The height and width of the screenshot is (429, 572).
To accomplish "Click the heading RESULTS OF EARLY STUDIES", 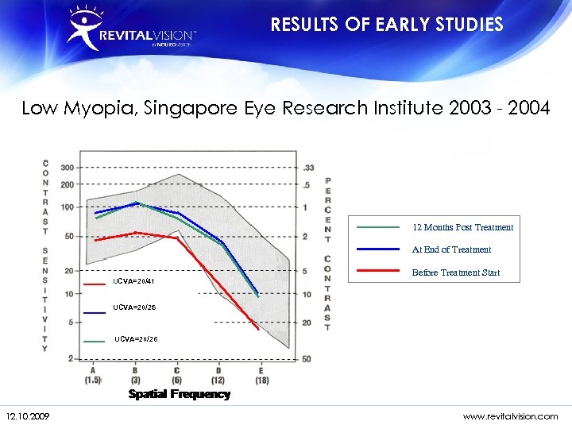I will [387, 25].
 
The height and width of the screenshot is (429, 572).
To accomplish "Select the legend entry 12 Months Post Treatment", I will [462, 227].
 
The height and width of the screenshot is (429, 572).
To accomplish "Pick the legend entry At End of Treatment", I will [451, 249].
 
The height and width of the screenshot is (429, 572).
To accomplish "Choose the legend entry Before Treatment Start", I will [455, 272].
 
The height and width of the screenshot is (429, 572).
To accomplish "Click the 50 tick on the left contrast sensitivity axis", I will [69, 236].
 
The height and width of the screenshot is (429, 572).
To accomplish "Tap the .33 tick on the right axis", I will [308, 168].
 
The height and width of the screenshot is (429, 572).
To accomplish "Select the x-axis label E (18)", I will [261, 375].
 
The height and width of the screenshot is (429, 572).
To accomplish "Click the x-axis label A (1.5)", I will [94, 375].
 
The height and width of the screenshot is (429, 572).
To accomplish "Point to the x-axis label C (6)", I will [177, 375].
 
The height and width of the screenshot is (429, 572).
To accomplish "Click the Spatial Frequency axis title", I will [179, 394].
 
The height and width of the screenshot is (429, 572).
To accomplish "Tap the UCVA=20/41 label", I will [133, 281].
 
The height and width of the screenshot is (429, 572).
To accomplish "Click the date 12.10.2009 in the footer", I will [28, 415].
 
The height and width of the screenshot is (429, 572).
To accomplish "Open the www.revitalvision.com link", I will [510, 415].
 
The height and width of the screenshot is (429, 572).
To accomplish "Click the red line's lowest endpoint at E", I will [258, 328].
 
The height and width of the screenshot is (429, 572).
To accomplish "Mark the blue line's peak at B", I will [137, 203].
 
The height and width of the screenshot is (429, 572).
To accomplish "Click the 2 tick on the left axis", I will [71, 359].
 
